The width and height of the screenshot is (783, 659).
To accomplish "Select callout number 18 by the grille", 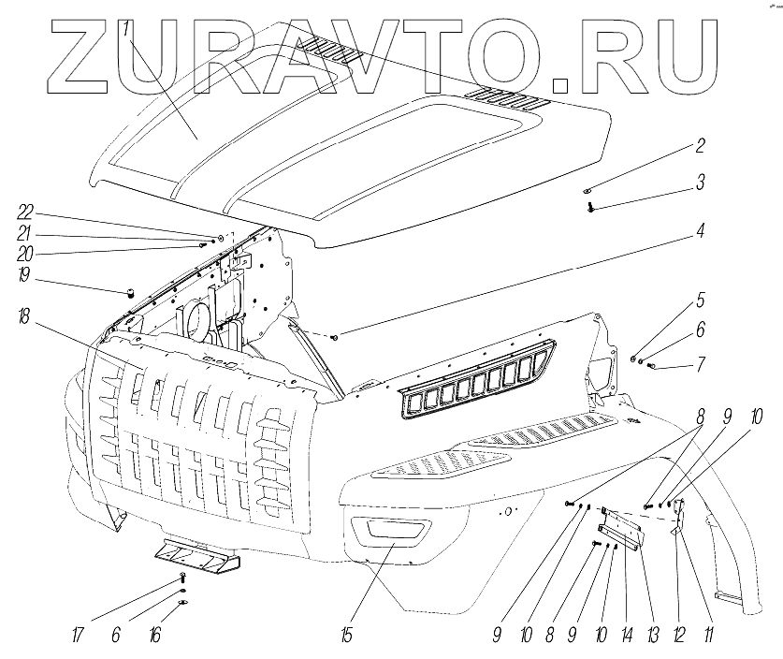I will [22, 317].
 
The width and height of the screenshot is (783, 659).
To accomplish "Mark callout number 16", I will [152, 636].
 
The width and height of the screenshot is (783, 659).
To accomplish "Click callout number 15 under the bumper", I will [347, 636].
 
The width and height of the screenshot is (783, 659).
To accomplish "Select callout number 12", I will [678, 636].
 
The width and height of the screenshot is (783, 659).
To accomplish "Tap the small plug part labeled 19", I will [131, 293].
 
